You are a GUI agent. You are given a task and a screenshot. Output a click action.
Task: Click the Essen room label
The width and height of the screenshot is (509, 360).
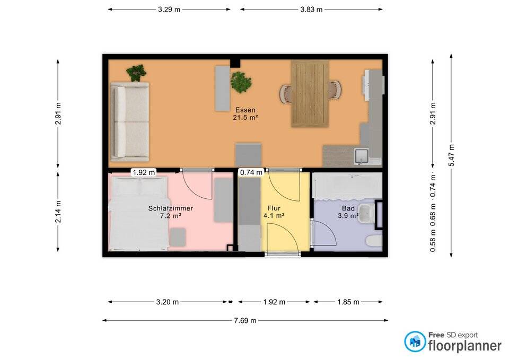pos(245,110)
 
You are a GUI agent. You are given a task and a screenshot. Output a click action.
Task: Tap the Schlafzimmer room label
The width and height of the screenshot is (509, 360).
pos(170,208)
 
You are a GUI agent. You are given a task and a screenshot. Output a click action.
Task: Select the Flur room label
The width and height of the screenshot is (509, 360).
pos(274,208)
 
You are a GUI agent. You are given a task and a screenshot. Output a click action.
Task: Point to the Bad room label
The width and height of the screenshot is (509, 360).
pos(348,208)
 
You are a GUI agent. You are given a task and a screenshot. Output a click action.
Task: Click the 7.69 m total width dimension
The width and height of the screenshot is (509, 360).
pos(245,321)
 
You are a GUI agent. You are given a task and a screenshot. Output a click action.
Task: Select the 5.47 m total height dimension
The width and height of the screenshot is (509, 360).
pos(451,155)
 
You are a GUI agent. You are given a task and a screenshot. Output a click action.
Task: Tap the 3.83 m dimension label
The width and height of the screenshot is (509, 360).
pos(311,10)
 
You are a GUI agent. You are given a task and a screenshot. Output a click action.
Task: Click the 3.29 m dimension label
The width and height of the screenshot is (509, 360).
pos(169,10)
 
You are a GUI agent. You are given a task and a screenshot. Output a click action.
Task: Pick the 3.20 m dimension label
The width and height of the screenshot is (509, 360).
pos(168,302)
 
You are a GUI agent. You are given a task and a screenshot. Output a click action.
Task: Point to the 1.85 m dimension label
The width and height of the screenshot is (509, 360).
pos(348,302)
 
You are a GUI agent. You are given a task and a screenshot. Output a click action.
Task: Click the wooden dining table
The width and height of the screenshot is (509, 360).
pos(310,93)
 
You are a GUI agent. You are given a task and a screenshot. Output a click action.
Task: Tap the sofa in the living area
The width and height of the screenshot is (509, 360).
pos(130,122)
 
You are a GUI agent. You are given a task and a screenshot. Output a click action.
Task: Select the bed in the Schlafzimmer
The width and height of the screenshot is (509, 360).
pos(139,213)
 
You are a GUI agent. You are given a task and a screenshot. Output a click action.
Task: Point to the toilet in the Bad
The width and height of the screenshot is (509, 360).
pos(374,242)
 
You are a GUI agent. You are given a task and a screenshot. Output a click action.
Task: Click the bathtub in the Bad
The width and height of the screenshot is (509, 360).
pos(347,186)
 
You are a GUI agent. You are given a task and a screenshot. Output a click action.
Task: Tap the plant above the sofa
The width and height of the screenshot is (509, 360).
pos(136,73)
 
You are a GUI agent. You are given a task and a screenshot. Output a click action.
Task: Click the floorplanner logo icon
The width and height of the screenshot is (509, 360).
pos(415,341)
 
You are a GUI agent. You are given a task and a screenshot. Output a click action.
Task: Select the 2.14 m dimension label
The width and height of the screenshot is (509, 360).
pos(58,212)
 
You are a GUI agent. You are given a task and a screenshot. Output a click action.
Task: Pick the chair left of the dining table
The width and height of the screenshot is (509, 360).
pos(286,93)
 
